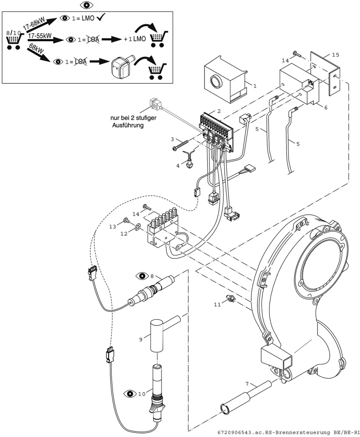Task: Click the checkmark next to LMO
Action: pyautogui.click(x=101, y=17)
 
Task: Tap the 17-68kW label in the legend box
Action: pyautogui.click(x=34, y=23)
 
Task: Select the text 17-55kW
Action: pyautogui.click(x=40, y=36)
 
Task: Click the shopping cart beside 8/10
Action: pyautogui.click(x=14, y=41)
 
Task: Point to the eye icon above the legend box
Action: pyautogui.click(x=86, y=5)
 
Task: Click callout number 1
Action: pyautogui.click(x=255, y=86)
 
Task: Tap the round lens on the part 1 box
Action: pyautogui.click(x=216, y=81)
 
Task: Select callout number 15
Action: pyautogui.click(x=336, y=55)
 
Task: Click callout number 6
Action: pyautogui.click(x=326, y=108)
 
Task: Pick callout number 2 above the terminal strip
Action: pyautogui.click(x=219, y=111)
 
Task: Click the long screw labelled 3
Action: pyautogui.click(x=180, y=145)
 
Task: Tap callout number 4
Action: pyautogui.click(x=178, y=165)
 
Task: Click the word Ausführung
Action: pyautogui.click(x=128, y=125)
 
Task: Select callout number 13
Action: pyautogui.click(x=113, y=227)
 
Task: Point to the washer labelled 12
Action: pyautogui.click(x=137, y=227)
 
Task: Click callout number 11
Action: pyautogui.click(x=217, y=305)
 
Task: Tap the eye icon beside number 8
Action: pyautogui.click(x=142, y=276)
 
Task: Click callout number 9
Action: pyautogui.click(x=141, y=340)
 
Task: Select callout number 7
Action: pyautogui.click(x=247, y=384)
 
